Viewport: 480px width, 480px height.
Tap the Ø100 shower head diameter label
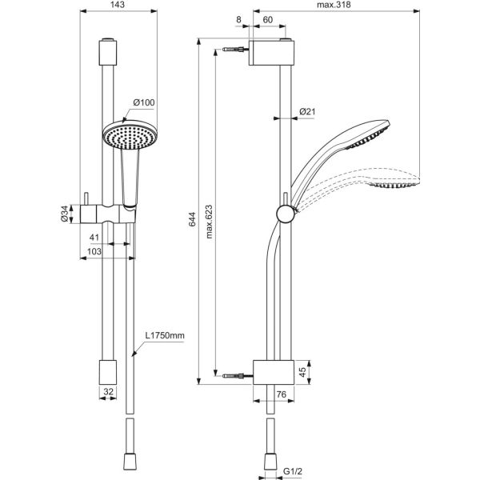click(143, 102)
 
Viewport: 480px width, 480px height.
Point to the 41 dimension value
click(94, 238)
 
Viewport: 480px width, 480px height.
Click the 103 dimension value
click(93, 252)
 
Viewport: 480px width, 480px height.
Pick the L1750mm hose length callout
click(165, 338)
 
